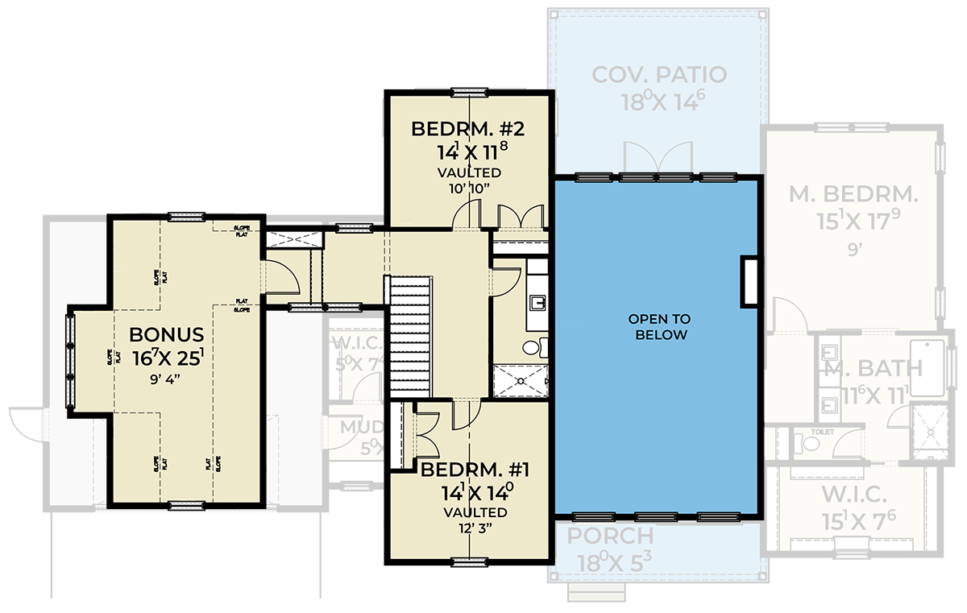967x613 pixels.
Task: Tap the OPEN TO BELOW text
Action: coord(658,327)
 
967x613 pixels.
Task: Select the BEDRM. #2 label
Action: coord(469,130)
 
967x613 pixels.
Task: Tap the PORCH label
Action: coord(610,536)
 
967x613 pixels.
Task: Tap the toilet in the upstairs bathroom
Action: coord(533,348)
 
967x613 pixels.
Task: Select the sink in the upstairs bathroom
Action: coord(538,303)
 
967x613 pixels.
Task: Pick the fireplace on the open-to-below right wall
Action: coord(749,281)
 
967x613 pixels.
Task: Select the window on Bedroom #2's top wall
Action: coord(469,91)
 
